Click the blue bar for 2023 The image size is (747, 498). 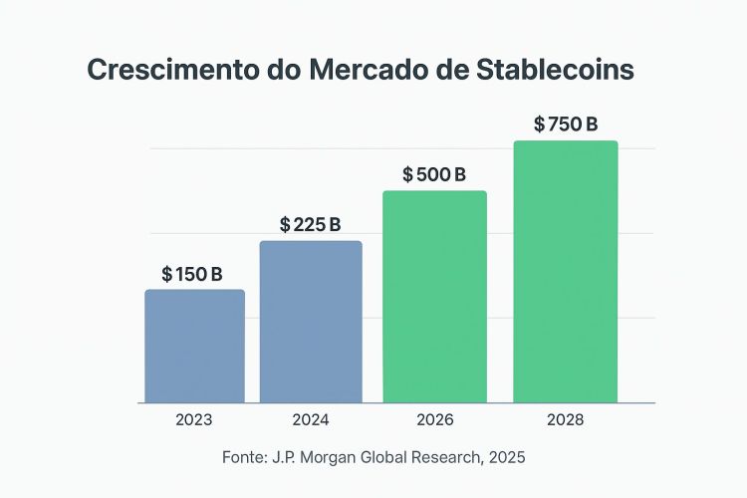(194, 346)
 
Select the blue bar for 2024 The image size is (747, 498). (311, 321)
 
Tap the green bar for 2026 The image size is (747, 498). (434, 296)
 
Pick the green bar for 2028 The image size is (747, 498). (565, 271)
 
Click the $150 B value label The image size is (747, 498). (192, 274)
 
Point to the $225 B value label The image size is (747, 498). (311, 224)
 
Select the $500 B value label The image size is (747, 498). (434, 174)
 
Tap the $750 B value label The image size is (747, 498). (566, 124)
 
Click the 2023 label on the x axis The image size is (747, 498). (194, 420)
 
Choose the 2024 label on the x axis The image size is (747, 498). (311, 420)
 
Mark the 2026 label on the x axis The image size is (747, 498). (434, 420)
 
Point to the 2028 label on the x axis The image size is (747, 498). (565, 420)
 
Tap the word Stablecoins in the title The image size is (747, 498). (557, 71)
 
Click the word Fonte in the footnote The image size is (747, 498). (243, 458)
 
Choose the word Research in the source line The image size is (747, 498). (443, 458)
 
